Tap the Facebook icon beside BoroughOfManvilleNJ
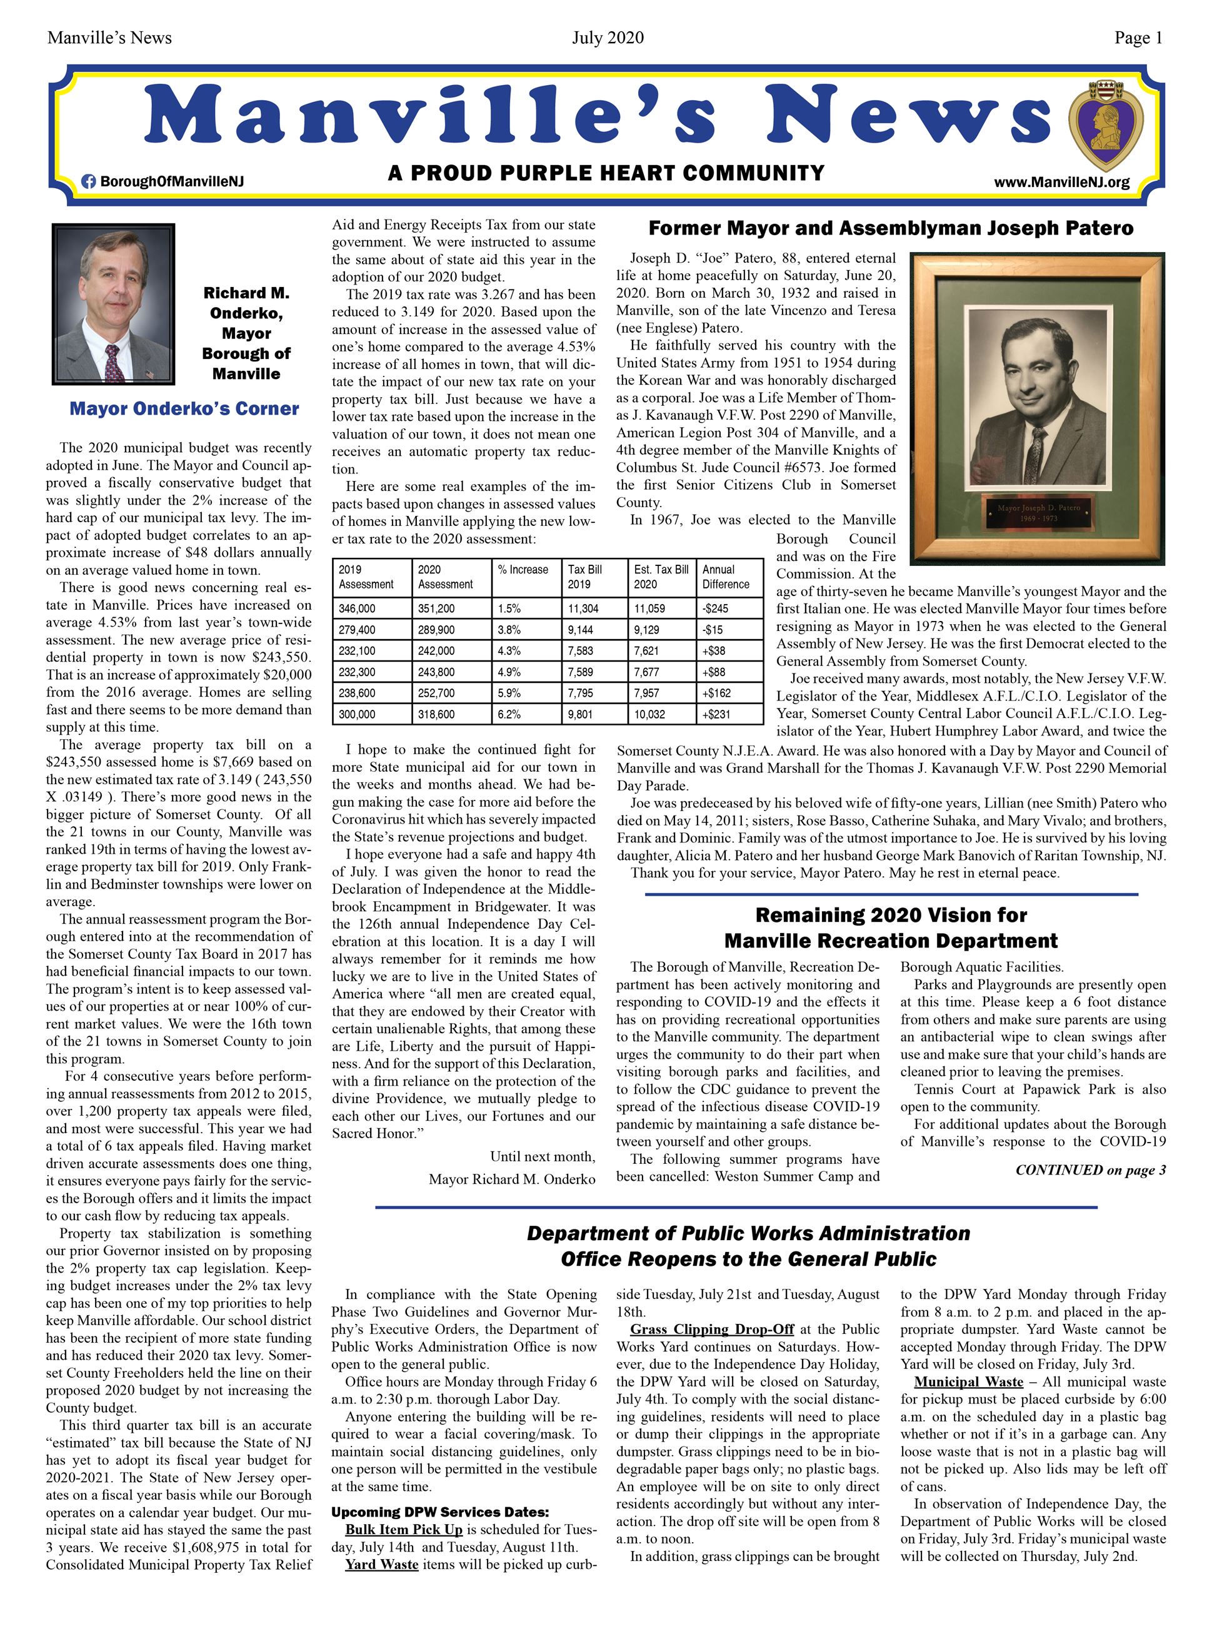(88, 181)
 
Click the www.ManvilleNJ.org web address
(1061, 182)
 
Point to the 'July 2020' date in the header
(608, 38)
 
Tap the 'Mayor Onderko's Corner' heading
(184, 409)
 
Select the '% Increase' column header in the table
(523, 570)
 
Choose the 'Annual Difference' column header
(726, 577)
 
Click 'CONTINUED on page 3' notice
(1090, 1170)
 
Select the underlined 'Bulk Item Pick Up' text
(404, 1529)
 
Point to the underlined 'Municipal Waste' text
(968, 1381)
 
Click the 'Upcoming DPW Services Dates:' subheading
(439, 1512)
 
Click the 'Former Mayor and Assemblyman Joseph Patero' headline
(891, 228)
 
